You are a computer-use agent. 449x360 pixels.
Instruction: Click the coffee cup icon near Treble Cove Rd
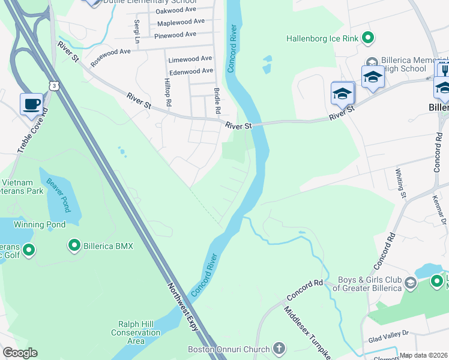point(32,104)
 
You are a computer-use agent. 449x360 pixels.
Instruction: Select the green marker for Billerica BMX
point(74,245)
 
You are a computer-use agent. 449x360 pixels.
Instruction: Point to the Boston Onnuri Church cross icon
point(279,348)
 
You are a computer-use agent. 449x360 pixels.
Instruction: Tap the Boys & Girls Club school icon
point(411,283)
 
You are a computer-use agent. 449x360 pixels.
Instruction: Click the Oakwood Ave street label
point(176,11)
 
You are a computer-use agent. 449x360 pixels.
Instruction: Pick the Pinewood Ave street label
point(175,35)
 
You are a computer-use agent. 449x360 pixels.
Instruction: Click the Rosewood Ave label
point(110,57)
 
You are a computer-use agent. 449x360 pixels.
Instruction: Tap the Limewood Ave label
point(190,59)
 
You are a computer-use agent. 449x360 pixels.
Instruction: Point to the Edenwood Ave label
point(191,71)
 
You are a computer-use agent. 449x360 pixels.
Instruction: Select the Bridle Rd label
point(217,101)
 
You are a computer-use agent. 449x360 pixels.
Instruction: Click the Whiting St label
point(400,181)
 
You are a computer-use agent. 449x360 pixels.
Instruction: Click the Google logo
point(20,353)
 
